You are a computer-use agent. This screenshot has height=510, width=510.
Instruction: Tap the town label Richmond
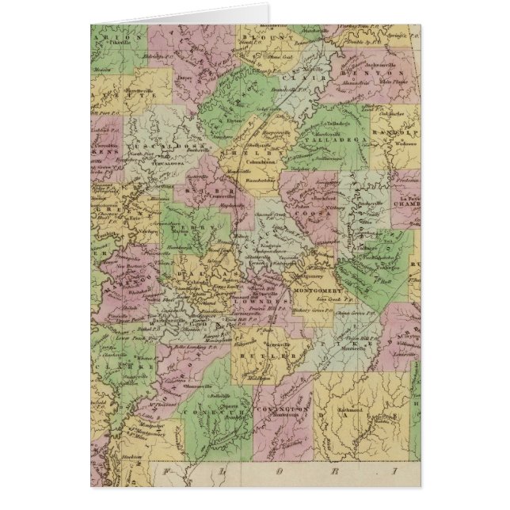[351, 412]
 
